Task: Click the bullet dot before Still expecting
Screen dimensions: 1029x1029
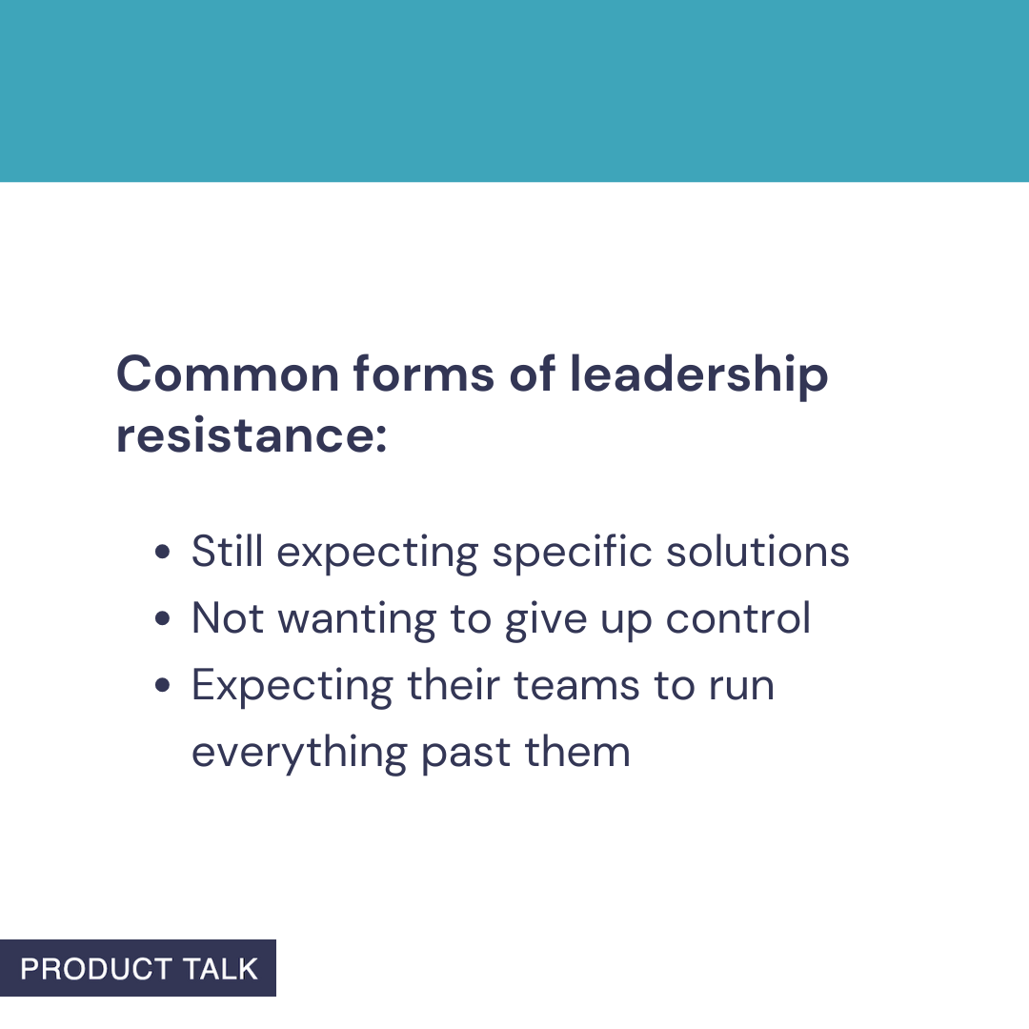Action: click(163, 553)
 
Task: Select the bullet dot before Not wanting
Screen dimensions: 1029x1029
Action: click(163, 619)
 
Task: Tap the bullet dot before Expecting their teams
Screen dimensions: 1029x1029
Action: click(163, 686)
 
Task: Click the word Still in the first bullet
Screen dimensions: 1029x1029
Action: click(226, 552)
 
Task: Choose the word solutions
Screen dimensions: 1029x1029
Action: click(757, 552)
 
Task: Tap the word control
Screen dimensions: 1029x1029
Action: click(738, 618)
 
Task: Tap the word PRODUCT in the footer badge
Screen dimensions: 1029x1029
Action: click(95, 969)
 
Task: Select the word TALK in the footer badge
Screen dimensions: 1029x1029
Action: click(220, 969)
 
